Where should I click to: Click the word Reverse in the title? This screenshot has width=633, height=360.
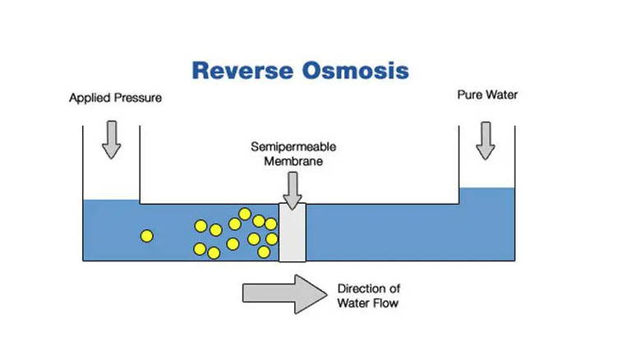pos(243,70)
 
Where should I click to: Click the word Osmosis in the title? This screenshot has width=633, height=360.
pos(356,70)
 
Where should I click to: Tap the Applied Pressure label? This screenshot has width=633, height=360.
pos(115,98)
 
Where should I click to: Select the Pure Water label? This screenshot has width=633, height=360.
pos(487,95)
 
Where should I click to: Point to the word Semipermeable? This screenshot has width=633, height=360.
pos(293,147)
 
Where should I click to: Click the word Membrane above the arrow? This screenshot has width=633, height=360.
pos(293,161)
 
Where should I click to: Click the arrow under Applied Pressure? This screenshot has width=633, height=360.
pos(112,140)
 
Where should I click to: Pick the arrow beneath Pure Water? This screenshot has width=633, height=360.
pos(486,141)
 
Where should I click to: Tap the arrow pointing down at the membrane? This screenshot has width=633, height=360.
pos(293,191)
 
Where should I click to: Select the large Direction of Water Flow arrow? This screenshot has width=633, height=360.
pos(284,294)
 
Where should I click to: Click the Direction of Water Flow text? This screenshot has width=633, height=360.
pos(368,296)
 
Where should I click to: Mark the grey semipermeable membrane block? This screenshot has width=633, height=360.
pos(293,233)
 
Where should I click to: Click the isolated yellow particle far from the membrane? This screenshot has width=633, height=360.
pos(147,236)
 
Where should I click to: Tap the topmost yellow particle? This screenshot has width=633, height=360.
pos(245,214)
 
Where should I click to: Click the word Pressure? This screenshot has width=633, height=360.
pos(138,98)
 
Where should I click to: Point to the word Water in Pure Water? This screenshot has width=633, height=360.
pos(501,95)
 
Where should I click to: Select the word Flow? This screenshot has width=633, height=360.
pos(385,303)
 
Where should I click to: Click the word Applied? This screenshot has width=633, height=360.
pos(90,98)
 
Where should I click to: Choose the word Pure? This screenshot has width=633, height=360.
pos(470,95)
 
